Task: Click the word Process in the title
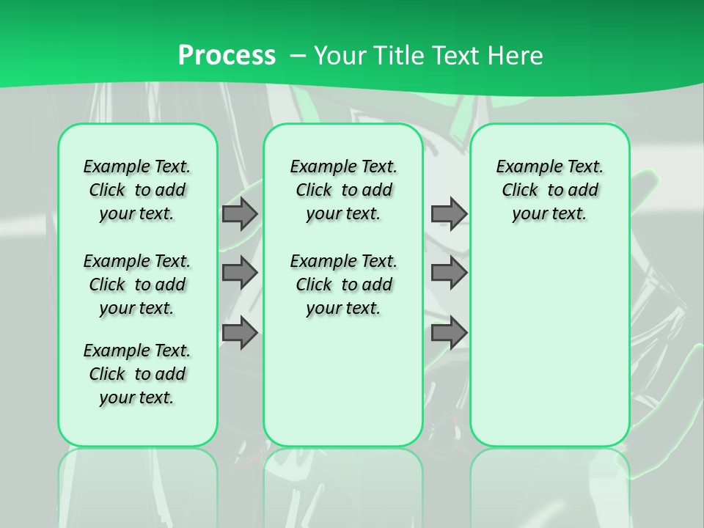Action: pyautogui.click(x=227, y=55)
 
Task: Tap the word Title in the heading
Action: pyautogui.click(x=394, y=55)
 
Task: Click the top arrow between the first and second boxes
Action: pyautogui.click(x=240, y=213)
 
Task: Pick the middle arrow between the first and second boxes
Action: pyautogui.click(x=240, y=273)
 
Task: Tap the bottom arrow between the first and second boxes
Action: pyautogui.click(x=240, y=333)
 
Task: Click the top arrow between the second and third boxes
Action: pyautogui.click(x=449, y=213)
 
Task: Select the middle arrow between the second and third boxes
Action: pyautogui.click(x=449, y=273)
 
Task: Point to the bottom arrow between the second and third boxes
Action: pyautogui.click(x=449, y=333)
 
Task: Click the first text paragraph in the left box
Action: pyautogui.click(x=137, y=190)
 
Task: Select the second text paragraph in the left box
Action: pyautogui.click(x=137, y=285)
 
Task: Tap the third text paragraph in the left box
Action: pyautogui.click(x=137, y=374)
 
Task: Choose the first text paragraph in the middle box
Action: pyautogui.click(x=343, y=190)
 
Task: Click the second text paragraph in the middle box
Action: pyautogui.click(x=343, y=285)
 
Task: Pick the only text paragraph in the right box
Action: pyautogui.click(x=549, y=190)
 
